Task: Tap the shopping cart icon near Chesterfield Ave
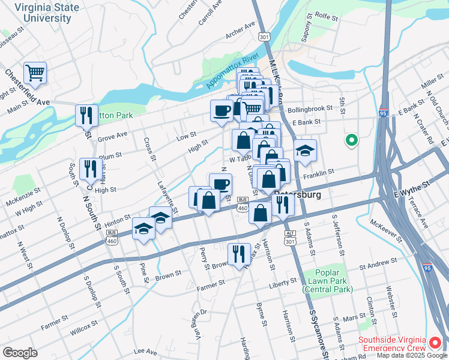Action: [35, 73]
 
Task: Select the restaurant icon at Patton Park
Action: [86, 115]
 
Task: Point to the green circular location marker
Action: [351, 141]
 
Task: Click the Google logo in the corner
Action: [20, 352]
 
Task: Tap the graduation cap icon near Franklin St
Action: [305, 151]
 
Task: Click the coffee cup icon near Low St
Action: [221, 110]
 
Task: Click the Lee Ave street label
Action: [144, 351]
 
